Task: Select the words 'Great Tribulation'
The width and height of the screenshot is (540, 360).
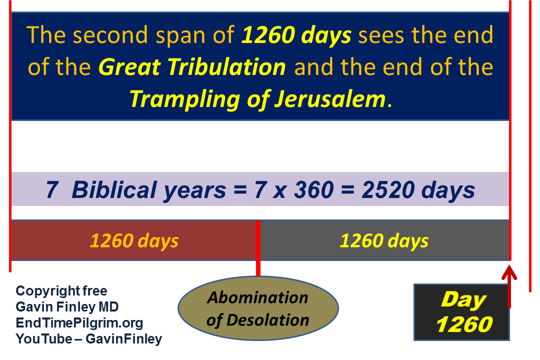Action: pos(192,67)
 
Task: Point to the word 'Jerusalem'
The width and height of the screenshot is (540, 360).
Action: pos(330,99)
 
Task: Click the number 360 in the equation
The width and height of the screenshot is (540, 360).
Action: pos(313,190)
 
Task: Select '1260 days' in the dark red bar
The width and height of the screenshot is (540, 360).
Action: pos(134,240)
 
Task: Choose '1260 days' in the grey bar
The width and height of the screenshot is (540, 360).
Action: pos(384,240)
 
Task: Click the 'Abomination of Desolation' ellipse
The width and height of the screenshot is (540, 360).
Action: pos(258,308)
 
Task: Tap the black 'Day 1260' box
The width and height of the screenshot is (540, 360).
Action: pos(461,312)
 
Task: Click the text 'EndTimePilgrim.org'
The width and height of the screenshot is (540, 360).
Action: pos(79,323)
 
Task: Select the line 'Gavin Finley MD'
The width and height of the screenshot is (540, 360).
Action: pos(67,306)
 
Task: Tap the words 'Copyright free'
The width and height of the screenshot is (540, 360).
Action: pos(61,291)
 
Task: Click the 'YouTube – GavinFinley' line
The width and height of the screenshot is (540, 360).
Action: pos(89,339)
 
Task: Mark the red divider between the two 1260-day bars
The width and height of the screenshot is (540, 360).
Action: pos(258,248)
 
